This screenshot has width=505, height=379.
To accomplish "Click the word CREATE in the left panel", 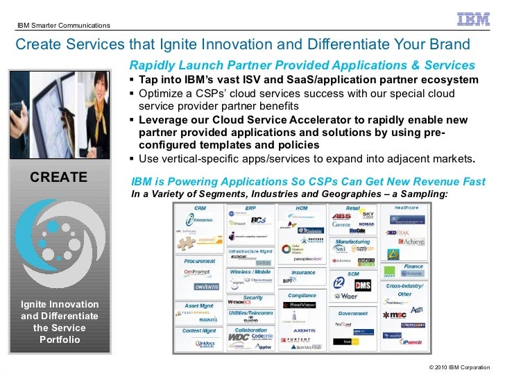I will coord(58,178).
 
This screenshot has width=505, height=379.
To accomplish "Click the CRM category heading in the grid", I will coord(200,208).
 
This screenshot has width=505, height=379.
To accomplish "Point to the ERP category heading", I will coord(250,208).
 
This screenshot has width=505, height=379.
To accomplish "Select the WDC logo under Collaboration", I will coord(238,337).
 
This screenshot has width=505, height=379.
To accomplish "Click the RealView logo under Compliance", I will coord(302,304).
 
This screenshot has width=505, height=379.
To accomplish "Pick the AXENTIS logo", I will coord(304,330).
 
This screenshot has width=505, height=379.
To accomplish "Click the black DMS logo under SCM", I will coord(363,285).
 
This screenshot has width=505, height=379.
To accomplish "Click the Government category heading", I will coord(353,313).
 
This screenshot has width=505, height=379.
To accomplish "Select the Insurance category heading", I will coord(303,273).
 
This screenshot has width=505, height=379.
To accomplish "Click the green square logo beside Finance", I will coord(390,270).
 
